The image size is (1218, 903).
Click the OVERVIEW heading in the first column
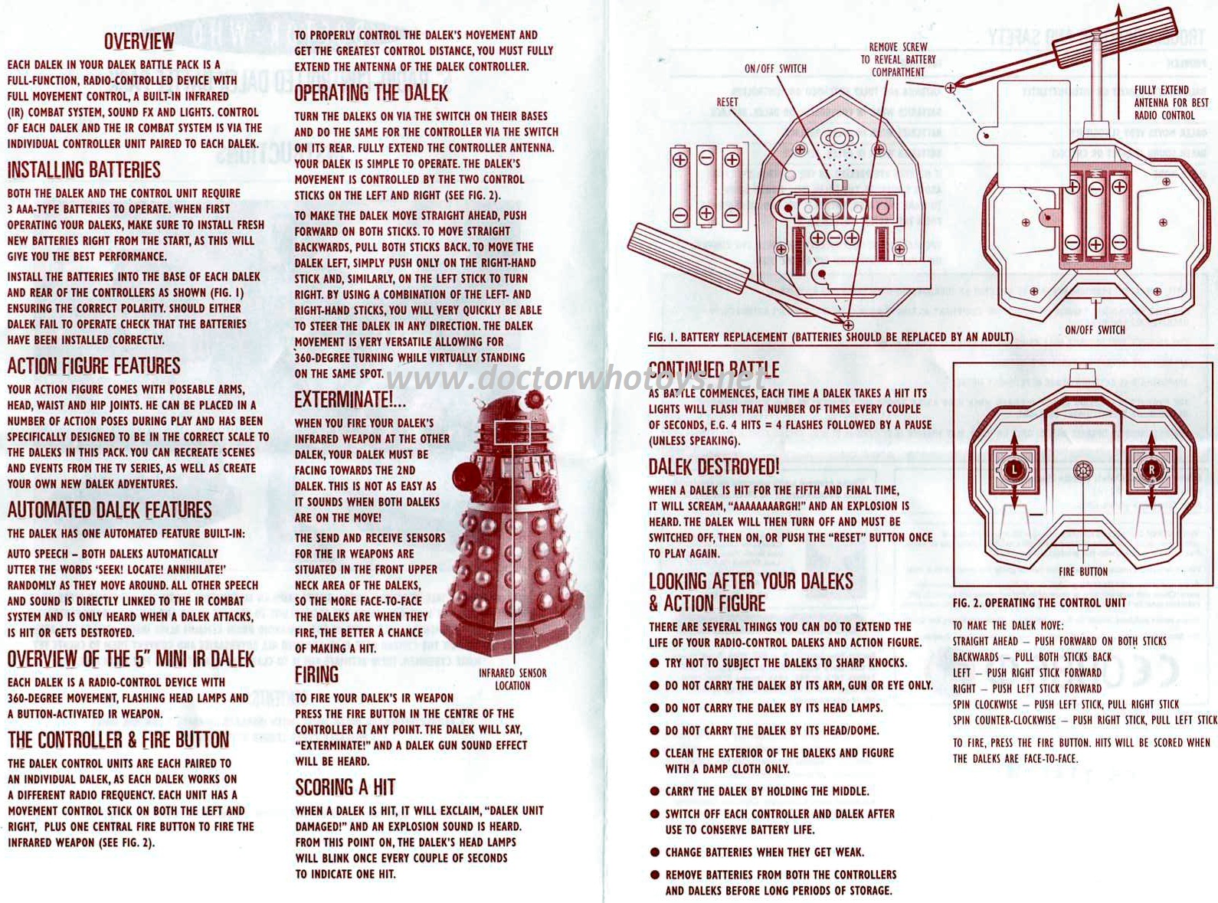tap(139, 41)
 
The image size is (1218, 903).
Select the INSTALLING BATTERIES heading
tap(84, 170)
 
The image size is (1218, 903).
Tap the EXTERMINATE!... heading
tap(350, 400)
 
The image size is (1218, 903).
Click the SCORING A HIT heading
tap(345, 787)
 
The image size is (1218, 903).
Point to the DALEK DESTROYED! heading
tap(714, 467)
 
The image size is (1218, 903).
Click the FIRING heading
tap(317, 675)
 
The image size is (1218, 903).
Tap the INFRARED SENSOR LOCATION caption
tap(512, 679)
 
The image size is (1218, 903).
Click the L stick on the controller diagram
tap(1014, 469)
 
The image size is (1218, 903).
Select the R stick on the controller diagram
tap(1151, 469)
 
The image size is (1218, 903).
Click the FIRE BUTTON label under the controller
tap(1083, 572)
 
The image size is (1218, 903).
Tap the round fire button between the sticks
tap(1082, 470)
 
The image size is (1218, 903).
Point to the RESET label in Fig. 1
tap(727, 102)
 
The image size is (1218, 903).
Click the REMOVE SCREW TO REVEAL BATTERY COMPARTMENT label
tap(898, 59)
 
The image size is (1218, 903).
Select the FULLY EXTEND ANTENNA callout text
tap(1171, 103)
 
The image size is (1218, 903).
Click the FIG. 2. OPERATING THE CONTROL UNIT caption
tap(1039, 603)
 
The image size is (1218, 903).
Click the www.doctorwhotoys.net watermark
tap(577, 378)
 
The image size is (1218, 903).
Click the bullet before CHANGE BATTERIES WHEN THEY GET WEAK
tap(654, 852)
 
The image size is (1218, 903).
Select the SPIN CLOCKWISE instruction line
tap(1066, 704)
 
